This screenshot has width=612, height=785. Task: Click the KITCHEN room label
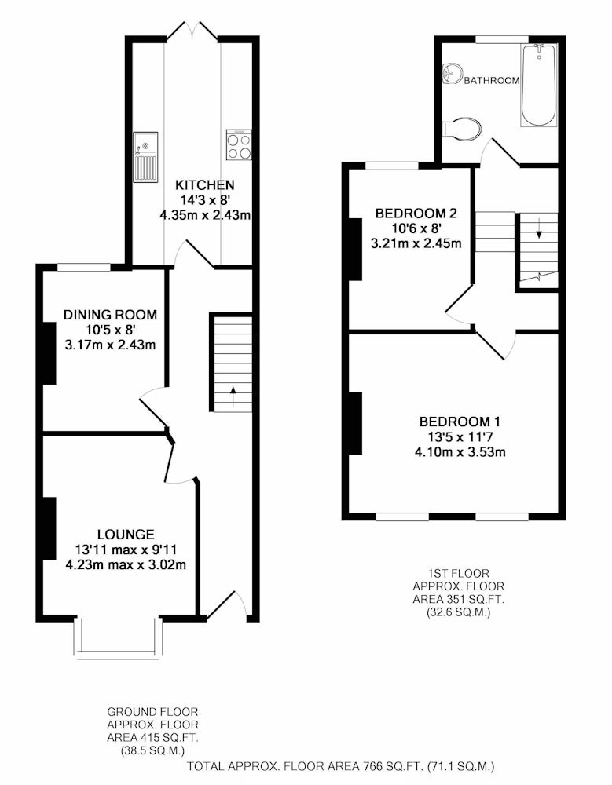pyautogui.click(x=204, y=185)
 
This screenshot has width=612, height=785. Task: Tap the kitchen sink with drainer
pyautogui.click(x=145, y=157)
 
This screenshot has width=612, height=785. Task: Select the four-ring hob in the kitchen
pyautogui.click(x=239, y=145)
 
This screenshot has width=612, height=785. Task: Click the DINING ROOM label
pyautogui.click(x=110, y=315)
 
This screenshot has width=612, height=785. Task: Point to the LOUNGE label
pyautogui.click(x=126, y=534)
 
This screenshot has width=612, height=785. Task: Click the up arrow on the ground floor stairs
pyautogui.click(x=233, y=396)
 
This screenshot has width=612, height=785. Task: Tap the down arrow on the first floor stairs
pyautogui.click(x=539, y=228)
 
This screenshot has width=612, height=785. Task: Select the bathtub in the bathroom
pyautogui.click(x=539, y=85)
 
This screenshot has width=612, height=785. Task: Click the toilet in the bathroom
pyautogui.click(x=462, y=128)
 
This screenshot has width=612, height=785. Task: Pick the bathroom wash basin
pyautogui.click(x=451, y=74)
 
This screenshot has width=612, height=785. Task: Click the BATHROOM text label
pyautogui.click(x=492, y=81)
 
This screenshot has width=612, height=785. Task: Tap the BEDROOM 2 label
pyautogui.click(x=416, y=214)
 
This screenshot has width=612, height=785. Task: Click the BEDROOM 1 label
pyautogui.click(x=460, y=422)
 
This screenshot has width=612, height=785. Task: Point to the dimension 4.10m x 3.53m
pyautogui.click(x=460, y=453)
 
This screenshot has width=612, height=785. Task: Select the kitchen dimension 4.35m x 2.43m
pyautogui.click(x=205, y=216)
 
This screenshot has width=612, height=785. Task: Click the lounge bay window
pyautogui.click(x=119, y=636)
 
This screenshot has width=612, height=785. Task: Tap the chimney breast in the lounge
pyautogui.click(x=49, y=528)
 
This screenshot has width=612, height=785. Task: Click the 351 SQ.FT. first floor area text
pyautogui.click(x=459, y=599)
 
